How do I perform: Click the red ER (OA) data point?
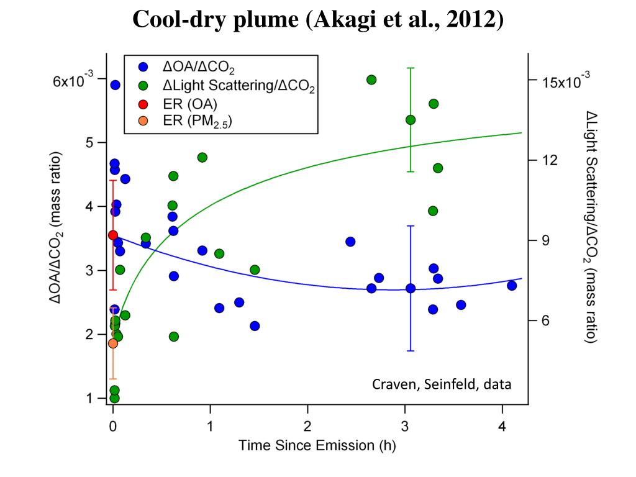pyautogui.click(x=112, y=235)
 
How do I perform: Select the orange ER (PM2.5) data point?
pyautogui.click(x=112, y=343)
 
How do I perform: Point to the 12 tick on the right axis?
pyautogui.click(x=549, y=160)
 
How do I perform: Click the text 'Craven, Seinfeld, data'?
pyautogui.click(x=442, y=384)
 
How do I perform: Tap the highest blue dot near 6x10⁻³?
pyautogui.click(x=115, y=85)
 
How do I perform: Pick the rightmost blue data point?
pyautogui.click(x=512, y=285)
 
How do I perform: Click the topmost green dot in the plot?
pyautogui.click(x=371, y=79)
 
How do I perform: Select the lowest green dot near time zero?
pyautogui.click(x=114, y=398)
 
